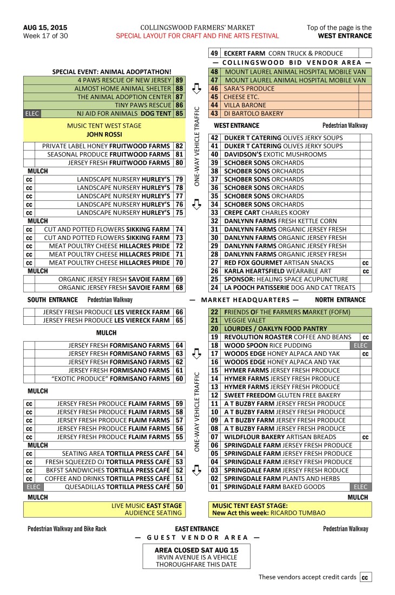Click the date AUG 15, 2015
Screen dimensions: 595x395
pyautogui.click(x=45, y=28)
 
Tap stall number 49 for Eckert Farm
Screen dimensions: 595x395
pyautogui.click(x=214, y=53)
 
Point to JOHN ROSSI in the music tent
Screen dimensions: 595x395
pyautogui.click(x=103, y=134)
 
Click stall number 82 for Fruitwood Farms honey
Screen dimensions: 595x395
pyautogui.click(x=179, y=146)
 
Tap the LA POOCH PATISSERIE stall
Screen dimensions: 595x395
pyautogui.click(x=290, y=287)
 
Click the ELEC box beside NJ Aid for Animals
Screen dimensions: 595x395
pyautogui.click(x=32, y=114)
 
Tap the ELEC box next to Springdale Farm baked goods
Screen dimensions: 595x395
pyautogui.click(x=360, y=487)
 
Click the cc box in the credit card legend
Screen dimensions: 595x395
pyautogui.click(x=366, y=577)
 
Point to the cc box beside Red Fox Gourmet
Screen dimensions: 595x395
pyautogui.click(x=366, y=263)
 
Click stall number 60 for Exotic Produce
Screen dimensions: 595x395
pyautogui.click(x=179, y=378)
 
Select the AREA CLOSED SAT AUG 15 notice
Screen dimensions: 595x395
pyautogui.click(x=197, y=550)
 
